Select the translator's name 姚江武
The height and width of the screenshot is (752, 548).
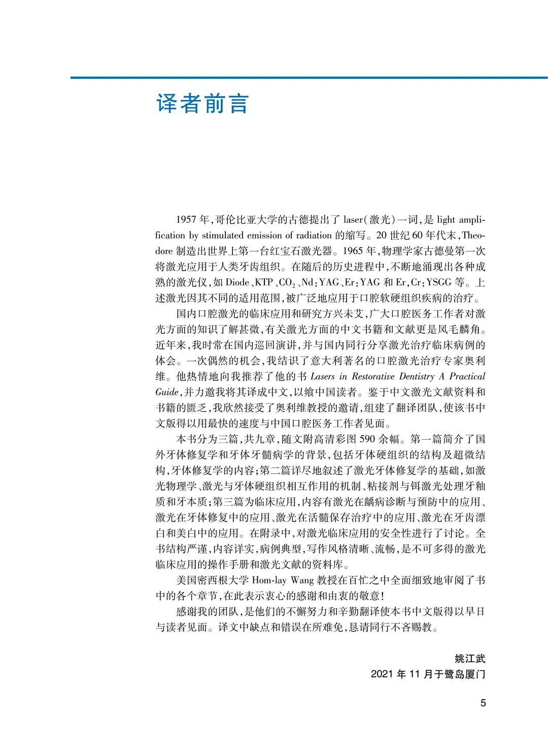(470, 659)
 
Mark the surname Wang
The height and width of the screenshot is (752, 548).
(304, 580)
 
